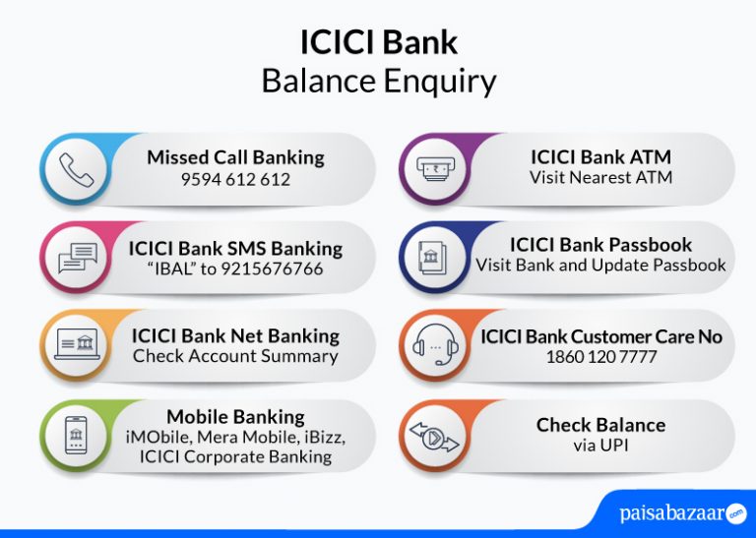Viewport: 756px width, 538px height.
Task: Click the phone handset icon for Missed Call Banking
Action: click(76, 169)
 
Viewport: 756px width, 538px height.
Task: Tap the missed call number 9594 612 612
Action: click(235, 180)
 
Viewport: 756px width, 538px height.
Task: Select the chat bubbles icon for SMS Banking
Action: click(77, 258)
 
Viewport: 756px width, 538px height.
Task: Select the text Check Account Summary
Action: click(235, 356)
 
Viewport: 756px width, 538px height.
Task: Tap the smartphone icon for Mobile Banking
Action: click(77, 435)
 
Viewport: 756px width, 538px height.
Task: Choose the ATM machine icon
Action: click(434, 169)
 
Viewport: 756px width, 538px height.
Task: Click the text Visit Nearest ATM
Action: click(600, 178)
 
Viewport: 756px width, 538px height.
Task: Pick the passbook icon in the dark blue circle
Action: click(434, 258)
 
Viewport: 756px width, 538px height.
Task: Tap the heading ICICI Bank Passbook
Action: click(600, 244)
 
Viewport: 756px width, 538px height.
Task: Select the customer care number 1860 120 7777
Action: click(600, 357)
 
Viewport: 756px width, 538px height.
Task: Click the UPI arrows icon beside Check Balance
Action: click(434, 435)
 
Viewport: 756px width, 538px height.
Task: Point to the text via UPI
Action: click(600, 446)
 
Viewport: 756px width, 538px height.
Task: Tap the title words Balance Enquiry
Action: click(379, 81)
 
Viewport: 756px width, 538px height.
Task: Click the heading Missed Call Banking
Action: click(235, 157)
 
